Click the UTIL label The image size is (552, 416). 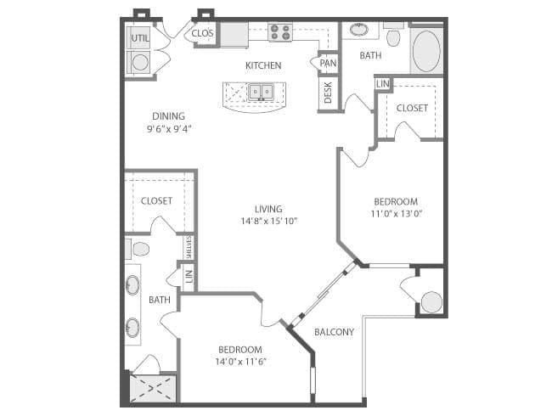pyautogui.click(x=138, y=37)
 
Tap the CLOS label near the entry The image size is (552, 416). pyautogui.click(x=203, y=34)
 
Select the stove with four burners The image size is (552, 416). pyautogui.click(x=280, y=33)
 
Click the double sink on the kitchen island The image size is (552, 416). pyautogui.click(x=260, y=91)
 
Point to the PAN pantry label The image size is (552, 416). pyautogui.click(x=328, y=63)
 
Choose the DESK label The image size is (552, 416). pyautogui.click(x=328, y=93)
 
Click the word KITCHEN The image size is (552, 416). pyautogui.click(x=263, y=65)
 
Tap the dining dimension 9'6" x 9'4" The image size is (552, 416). pyautogui.click(x=168, y=130)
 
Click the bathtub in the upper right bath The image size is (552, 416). pyautogui.click(x=427, y=50)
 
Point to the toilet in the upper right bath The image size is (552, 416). pyautogui.click(x=393, y=37)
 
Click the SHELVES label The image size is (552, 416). pyautogui.click(x=189, y=247)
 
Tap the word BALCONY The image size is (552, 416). pyautogui.click(x=334, y=332)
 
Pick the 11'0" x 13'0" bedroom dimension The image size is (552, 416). pyautogui.click(x=397, y=214)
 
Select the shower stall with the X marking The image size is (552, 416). pyautogui.click(x=154, y=389)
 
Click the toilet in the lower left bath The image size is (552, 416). pyautogui.click(x=140, y=249)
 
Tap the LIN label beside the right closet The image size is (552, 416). pyautogui.click(x=382, y=84)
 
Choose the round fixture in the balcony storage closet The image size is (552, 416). pyautogui.click(x=431, y=301)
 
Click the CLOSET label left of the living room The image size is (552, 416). pyautogui.click(x=157, y=201)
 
